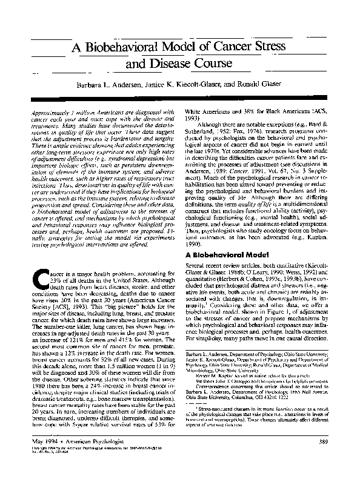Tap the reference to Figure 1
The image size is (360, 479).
click(274, 315)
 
